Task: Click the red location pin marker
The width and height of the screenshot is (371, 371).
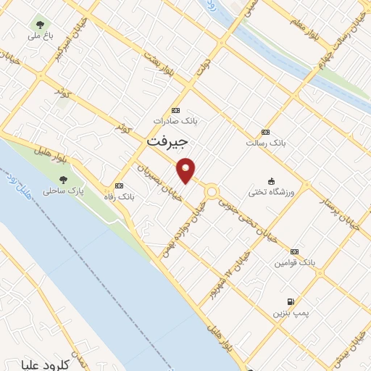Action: coord(187,170)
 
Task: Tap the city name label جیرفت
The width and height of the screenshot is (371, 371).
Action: coord(167,141)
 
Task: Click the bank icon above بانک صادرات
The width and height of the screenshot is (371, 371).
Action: coord(174,110)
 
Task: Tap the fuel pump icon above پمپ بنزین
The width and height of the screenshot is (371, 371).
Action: coord(291,301)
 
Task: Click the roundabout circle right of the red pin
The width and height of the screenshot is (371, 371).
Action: coord(212,192)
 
